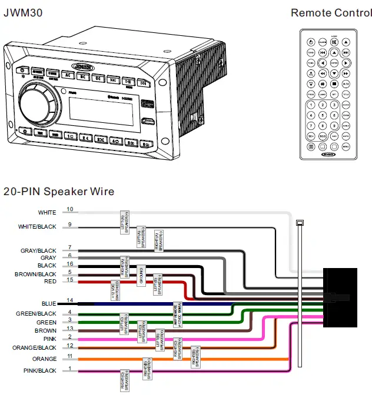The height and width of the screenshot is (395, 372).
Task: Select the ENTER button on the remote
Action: [x=334, y=63]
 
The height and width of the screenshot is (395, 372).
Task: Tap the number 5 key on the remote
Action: [x=323, y=115]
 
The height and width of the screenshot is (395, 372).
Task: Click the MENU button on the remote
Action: [x=346, y=146]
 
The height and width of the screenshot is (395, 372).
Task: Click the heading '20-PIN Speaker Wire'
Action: [x=59, y=192]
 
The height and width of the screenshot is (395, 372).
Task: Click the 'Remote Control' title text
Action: [x=331, y=12]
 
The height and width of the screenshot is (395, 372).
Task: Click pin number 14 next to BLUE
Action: [x=70, y=300]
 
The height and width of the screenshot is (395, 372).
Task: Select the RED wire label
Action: [x=50, y=282]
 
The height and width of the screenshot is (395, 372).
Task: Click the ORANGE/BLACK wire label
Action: [x=36, y=347]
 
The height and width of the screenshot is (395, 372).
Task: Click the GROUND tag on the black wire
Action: [x=141, y=275]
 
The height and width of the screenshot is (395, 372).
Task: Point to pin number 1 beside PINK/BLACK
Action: [x=70, y=369]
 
